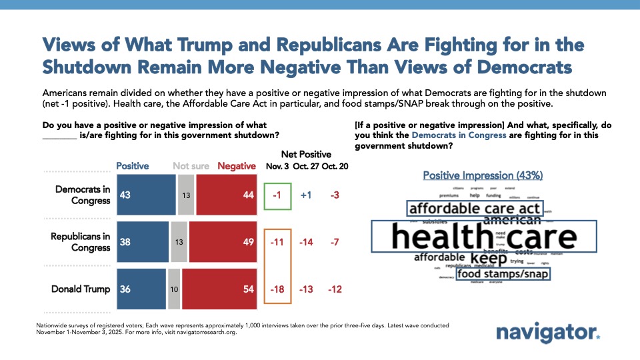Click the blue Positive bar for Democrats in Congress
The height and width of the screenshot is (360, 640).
click(147, 193)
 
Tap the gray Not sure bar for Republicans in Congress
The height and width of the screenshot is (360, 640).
click(179, 241)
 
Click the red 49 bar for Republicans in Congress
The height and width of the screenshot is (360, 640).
click(223, 241)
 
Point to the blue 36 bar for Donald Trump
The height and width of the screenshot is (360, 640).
click(141, 289)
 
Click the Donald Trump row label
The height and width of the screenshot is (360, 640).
click(81, 289)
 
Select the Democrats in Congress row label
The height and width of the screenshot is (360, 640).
click(83, 194)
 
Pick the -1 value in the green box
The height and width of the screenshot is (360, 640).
click(277, 194)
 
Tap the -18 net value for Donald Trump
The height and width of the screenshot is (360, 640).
click(277, 289)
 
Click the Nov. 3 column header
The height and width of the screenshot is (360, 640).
click(277, 166)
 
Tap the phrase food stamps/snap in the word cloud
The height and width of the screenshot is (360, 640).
click(503, 273)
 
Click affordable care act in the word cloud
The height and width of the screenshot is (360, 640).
click(474, 209)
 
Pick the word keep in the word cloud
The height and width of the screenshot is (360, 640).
click(489, 257)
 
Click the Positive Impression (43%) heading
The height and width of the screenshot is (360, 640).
click(483, 175)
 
